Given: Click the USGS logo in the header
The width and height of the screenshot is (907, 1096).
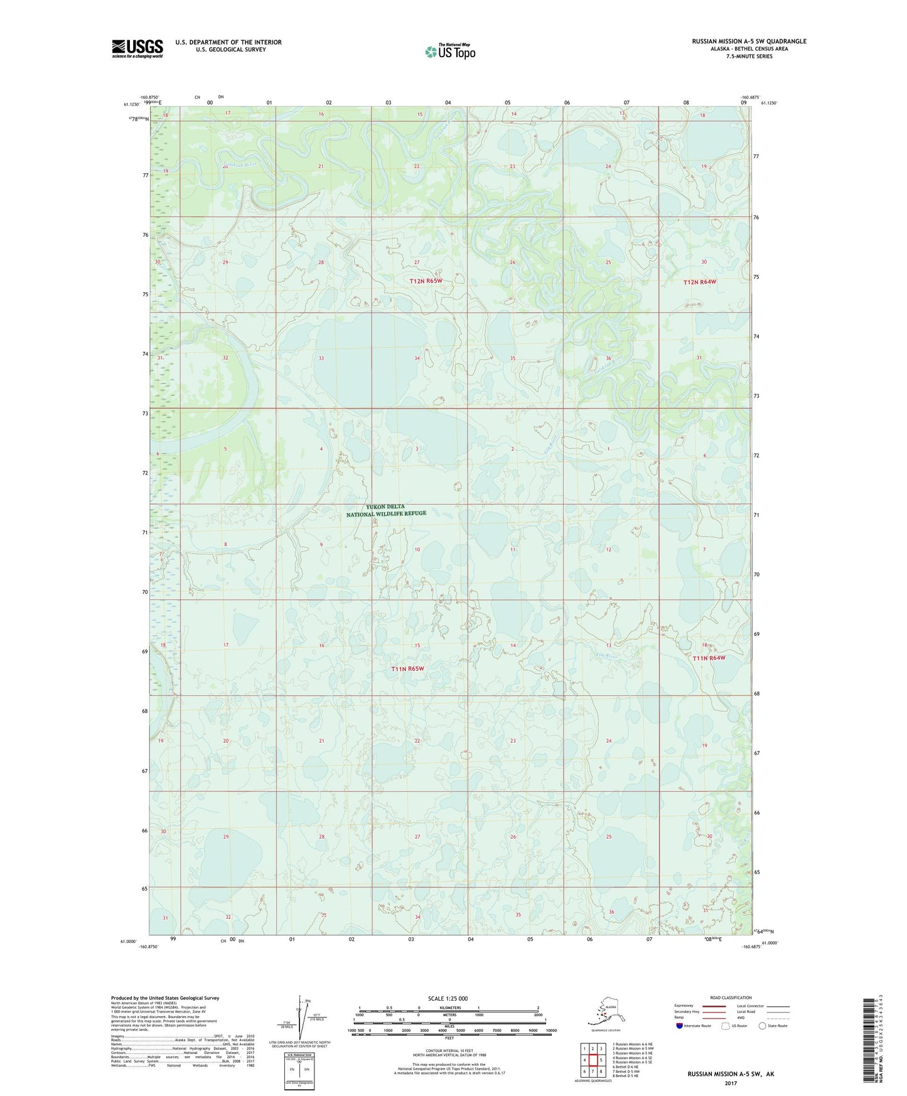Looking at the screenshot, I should (137, 48).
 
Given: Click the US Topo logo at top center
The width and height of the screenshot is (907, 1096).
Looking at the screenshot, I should (449, 51).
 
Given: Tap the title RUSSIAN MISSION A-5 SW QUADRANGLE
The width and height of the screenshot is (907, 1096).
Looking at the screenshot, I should (749, 41).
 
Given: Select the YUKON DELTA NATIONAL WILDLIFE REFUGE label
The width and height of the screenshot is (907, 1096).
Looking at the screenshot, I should (386, 510).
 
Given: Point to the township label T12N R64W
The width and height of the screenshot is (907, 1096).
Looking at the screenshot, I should (699, 282).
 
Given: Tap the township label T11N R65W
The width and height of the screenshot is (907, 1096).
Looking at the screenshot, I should (407, 669).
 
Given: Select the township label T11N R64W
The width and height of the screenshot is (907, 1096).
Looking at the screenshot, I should (709, 658).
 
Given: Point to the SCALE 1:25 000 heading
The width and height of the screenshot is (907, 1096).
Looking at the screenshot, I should (448, 998).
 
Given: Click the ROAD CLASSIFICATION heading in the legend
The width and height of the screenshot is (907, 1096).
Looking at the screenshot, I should (731, 997).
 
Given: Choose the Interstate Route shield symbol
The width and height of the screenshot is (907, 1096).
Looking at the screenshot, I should (680, 1026).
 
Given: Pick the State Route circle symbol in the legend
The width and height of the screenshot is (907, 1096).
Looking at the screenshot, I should (762, 1026).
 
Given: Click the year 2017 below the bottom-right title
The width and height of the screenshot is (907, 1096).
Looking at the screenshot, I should (730, 1083).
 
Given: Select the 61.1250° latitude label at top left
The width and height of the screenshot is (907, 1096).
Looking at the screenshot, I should (131, 104).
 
